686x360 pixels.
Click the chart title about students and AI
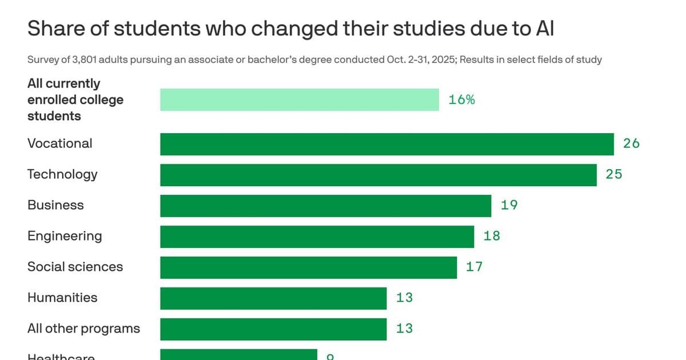[290, 29]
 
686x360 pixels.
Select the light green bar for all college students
[299, 99]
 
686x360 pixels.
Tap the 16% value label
[462, 99]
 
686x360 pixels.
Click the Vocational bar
[386, 144]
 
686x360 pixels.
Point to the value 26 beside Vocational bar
[631, 143]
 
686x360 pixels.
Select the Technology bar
[378, 175]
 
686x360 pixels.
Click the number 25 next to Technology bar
[614, 174]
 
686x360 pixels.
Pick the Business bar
[325, 206]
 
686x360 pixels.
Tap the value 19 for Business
[509, 205]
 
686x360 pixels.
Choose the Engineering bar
[317, 237]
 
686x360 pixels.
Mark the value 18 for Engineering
[492, 236]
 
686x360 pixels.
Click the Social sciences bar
[308, 267]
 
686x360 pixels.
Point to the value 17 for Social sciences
[474, 267]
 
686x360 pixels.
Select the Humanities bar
[273, 298]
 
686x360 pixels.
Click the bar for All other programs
[273, 329]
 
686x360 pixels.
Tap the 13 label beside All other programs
[404, 329]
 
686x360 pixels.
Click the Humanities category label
[62, 298]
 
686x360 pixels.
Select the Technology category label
[62, 174]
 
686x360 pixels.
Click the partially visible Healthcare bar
[238, 355]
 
